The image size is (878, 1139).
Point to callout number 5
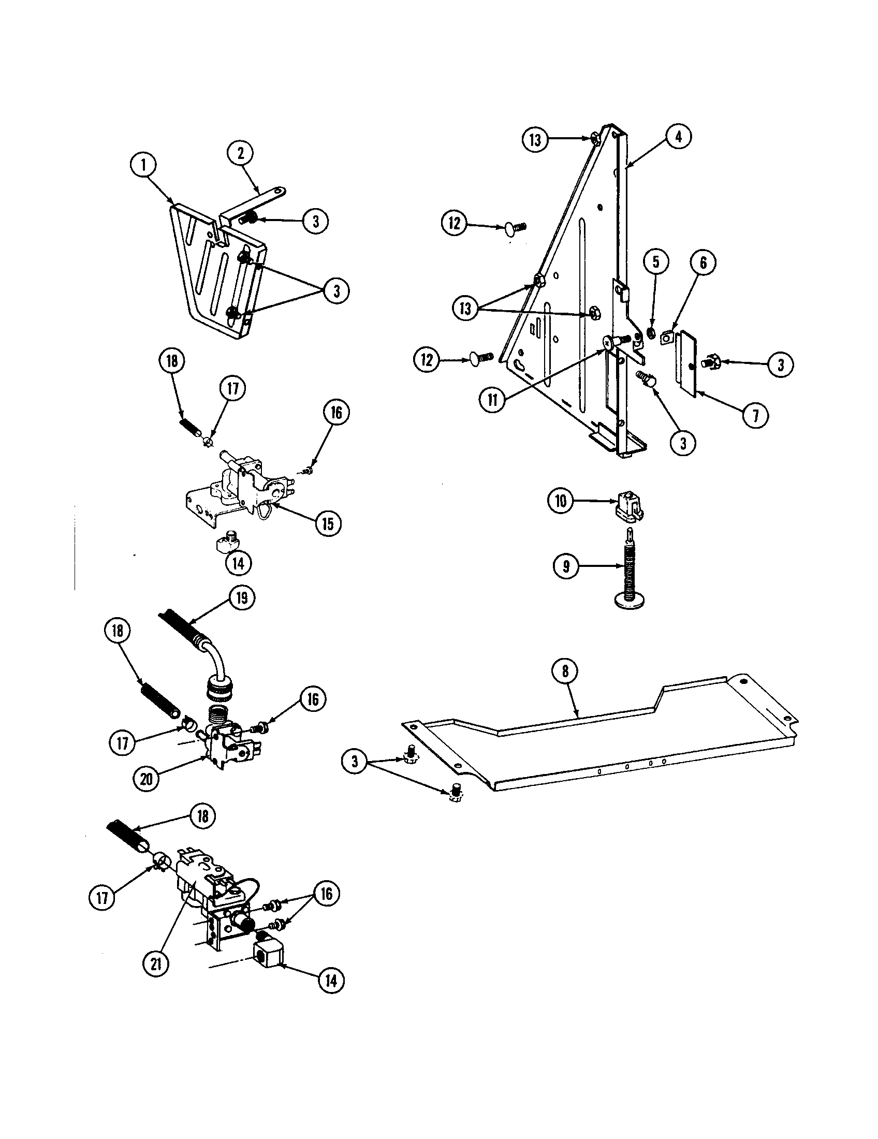pyautogui.click(x=656, y=261)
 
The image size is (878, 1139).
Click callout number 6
pyautogui.click(x=703, y=263)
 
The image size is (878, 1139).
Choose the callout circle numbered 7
pyautogui.click(x=755, y=416)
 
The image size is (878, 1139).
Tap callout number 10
pyautogui.click(x=561, y=501)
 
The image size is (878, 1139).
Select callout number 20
pyautogui.click(x=147, y=779)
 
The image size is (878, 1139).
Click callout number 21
pyautogui.click(x=156, y=965)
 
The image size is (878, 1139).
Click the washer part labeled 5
pyautogui.click(x=651, y=332)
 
